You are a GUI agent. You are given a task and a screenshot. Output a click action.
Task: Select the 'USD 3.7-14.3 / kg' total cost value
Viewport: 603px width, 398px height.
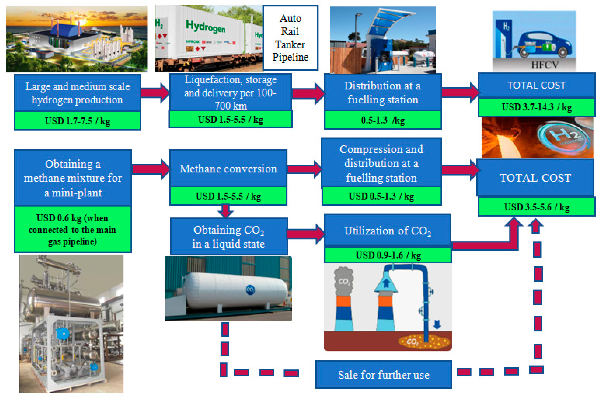pyautogui.click(x=537, y=107)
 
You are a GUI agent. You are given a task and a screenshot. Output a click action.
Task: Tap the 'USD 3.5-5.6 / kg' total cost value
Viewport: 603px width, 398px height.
pyautogui.click(x=537, y=207)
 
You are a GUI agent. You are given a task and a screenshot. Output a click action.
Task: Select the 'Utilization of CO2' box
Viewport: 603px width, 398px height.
pyautogui.click(x=388, y=230)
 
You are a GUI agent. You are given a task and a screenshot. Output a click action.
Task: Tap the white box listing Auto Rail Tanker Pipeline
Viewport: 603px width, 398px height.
pyautogui.click(x=290, y=38)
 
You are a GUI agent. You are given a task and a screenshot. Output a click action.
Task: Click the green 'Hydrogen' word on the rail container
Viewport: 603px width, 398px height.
pyautogui.click(x=206, y=27)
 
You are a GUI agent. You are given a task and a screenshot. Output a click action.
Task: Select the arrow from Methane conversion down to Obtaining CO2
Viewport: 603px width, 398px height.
pyautogui.click(x=226, y=211)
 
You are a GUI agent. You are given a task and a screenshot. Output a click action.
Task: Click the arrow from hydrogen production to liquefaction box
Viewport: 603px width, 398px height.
pyautogui.click(x=155, y=93)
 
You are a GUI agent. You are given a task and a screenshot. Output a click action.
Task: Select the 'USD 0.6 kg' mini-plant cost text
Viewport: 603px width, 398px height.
pyautogui.click(x=72, y=218)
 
